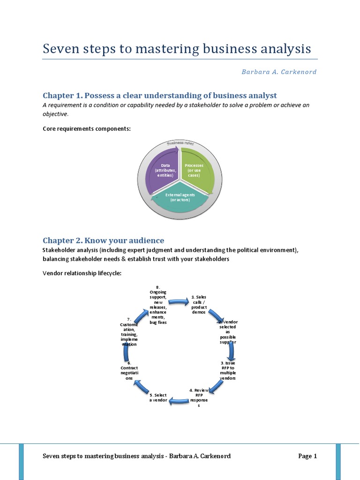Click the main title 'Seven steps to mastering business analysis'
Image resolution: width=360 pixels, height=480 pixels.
pyautogui.click(x=177, y=49)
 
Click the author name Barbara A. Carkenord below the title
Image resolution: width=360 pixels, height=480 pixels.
pyautogui.click(x=279, y=72)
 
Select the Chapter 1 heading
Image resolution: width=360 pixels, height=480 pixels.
pyautogui.click(x=160, y=96)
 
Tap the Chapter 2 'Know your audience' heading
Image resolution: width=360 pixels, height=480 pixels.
pyautogui.click(x=103, y=240)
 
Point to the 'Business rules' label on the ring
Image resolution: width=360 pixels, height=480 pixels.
pyautogui.click(x=180, y=143)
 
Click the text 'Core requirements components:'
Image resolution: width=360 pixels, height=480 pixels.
pyautogui.click(x=87, y=128)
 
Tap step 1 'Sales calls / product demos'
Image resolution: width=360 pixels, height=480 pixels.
pyautogui.click(x=198, y=305)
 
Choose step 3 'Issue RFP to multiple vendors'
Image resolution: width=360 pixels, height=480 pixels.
pyautogui.click(x=227, y=370)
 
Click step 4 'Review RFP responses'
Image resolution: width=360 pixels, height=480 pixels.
pyautogui.click(x=198, y=397)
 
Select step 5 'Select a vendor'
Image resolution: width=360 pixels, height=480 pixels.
pyautogui.click(x=158, y=398)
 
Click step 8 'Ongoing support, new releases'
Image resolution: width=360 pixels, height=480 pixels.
pyautogui.click(x=157, y=304)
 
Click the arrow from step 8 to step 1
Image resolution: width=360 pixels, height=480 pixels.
pyautogui.click(x=178, y=301)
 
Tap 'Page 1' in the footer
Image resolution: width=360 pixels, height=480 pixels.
pyautogui.click(x=307, y=456)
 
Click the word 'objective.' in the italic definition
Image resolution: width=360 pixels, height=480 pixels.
pyautogui.click(x=55, y=114)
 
